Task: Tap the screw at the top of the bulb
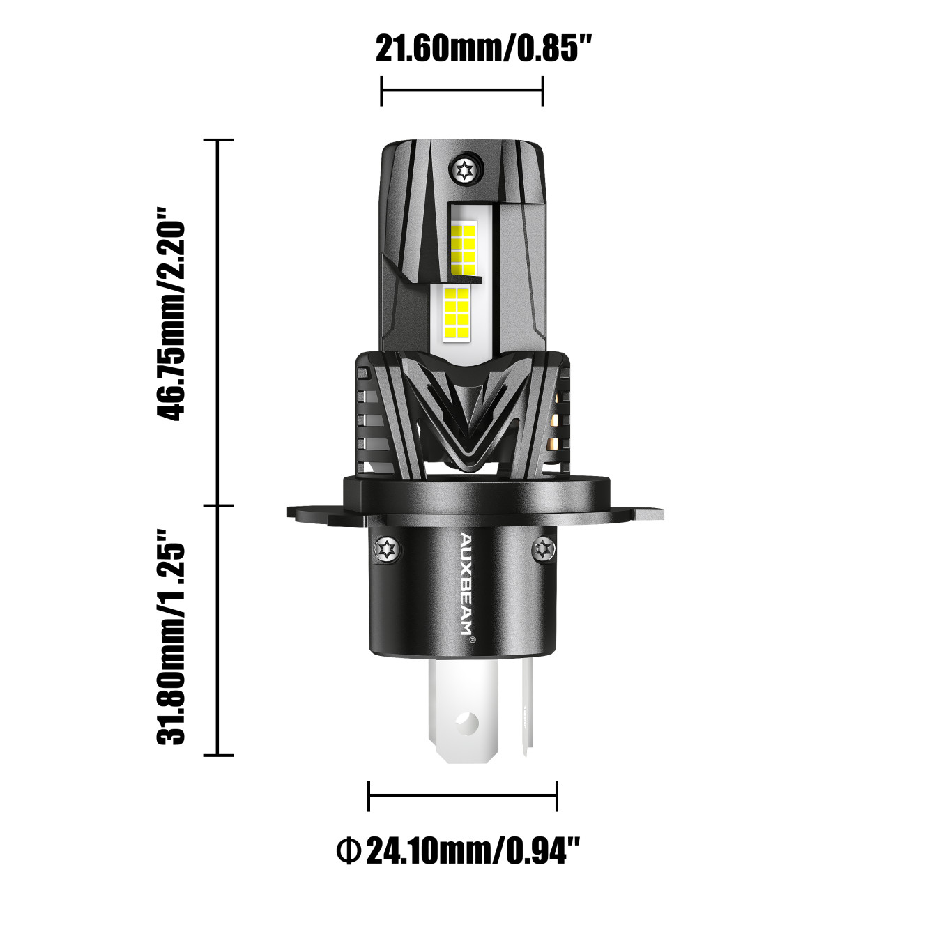coord(464,171)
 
